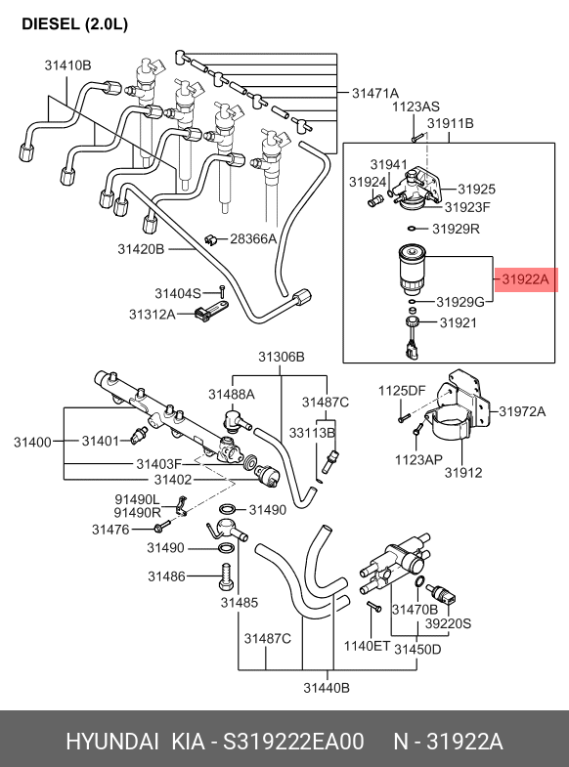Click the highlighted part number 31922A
pos(526,279)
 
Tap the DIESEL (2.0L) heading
pos(75,24)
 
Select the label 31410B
pos(68,65)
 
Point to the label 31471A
pos(375,93)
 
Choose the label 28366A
pos(253,238)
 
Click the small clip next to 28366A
pos(211,238)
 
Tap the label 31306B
pos(282,357)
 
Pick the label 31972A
pos(522,411)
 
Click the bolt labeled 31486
pos(226,576)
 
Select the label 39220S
pos(448,623)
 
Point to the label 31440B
pos(327,688)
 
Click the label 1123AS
pos(416,107)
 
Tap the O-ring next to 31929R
pos(413,228)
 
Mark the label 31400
pos(33,443)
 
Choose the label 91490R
pos(138,512)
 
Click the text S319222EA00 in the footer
pos(293,742)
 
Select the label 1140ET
pos(367,646)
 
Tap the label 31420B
pos(141,249)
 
